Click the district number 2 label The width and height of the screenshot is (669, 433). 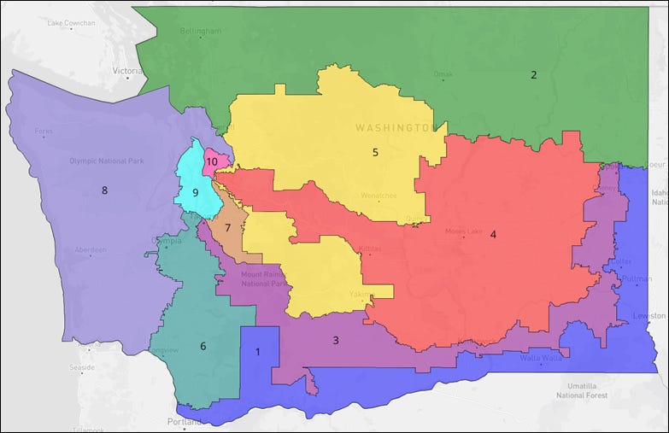tap(534, 75)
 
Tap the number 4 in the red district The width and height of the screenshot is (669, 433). tap(493, 234)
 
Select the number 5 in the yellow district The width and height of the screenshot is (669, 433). tap(375, 153)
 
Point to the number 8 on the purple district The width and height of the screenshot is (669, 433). tap(104, 190)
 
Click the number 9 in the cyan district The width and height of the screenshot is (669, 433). tap(195, 193)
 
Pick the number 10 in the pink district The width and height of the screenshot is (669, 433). tap(213, 161)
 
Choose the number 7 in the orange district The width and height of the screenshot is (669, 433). tap(228, 228)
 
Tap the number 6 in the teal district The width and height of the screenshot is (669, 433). tap(203, 346)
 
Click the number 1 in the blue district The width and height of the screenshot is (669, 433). tap(258, 352)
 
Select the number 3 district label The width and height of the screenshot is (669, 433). tap(336, 340)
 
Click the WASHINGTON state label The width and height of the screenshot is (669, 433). tap(395, 127)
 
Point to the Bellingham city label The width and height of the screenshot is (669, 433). tap(201, 32)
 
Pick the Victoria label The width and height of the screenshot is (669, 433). tap(127, 71)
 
